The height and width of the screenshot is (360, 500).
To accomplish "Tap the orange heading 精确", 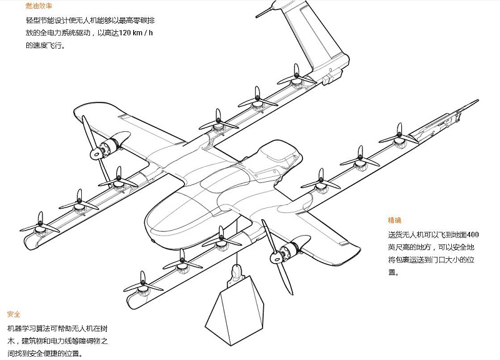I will click(395, 221).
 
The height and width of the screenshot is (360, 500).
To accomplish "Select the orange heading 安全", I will click(14, 314).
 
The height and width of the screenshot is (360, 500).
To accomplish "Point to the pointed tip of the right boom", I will click(475, 101).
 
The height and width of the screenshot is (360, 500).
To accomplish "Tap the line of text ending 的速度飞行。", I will click(45, 46).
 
